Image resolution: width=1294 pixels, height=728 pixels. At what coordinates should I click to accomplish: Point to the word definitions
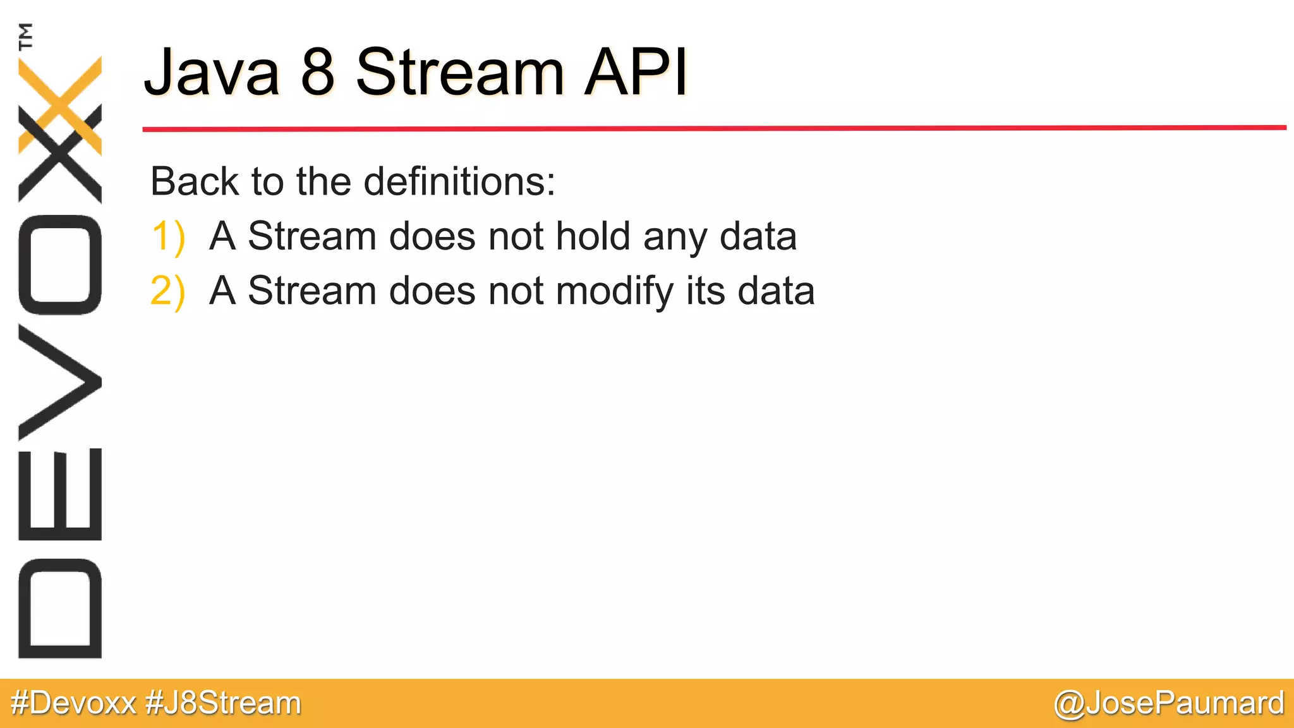coord(459,181)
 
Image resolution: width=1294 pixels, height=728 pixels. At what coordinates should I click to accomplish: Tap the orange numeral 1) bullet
coord(168,237)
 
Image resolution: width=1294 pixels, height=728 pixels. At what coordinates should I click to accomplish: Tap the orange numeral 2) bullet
coord(168,291)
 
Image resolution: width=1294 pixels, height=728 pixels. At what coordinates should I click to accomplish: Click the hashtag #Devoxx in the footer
coord(74,703)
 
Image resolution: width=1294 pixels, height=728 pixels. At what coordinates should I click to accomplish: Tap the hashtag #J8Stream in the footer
coord(223,703)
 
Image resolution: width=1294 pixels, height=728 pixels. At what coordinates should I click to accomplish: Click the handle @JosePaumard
coord(1168,703)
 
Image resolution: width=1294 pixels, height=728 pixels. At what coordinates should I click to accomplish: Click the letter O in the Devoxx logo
coord(60,265)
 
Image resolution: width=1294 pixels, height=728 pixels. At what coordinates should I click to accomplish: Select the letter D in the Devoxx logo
coord(60,608)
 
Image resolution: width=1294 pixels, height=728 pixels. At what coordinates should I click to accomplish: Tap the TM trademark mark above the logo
coord(25,36)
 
